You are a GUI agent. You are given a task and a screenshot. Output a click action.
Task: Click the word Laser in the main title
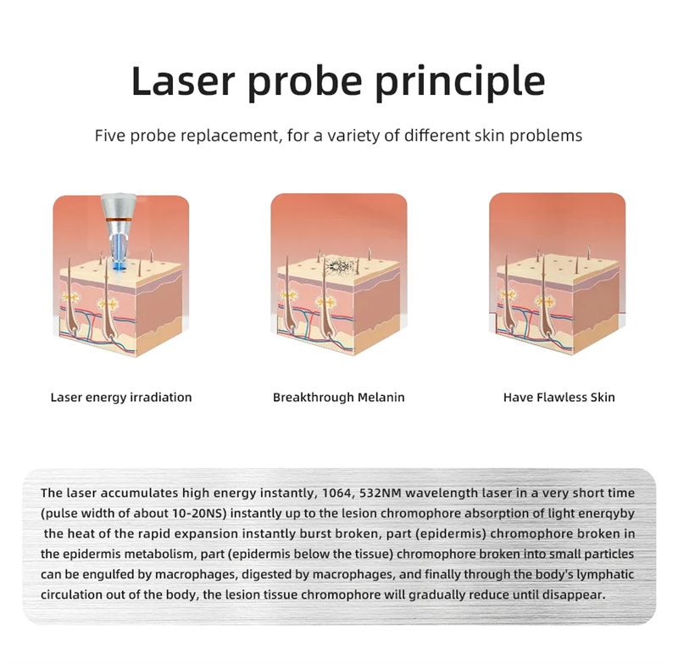point(182,81)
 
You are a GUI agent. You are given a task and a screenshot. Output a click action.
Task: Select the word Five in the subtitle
point(110,136)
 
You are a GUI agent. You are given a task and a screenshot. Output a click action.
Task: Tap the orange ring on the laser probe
point(119,220)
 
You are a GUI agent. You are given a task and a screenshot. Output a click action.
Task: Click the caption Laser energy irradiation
point(121,397)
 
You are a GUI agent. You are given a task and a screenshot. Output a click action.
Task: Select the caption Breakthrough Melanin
point(338,397)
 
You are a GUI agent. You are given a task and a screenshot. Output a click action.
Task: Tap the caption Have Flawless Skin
point(559,397)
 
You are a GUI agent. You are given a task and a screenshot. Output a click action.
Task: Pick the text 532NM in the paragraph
point(383,494)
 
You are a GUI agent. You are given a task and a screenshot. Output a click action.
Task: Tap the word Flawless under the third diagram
point(561,397)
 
